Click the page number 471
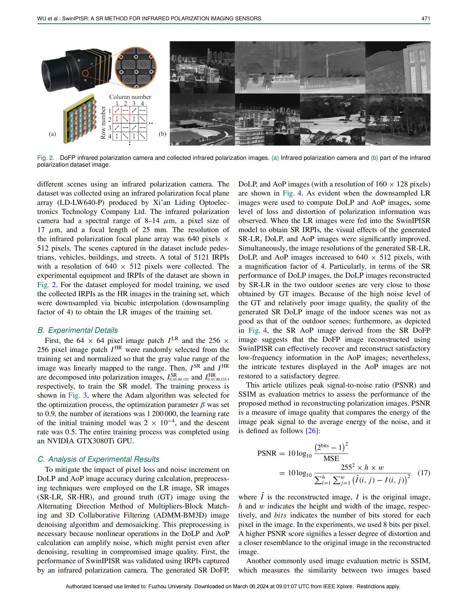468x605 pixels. [426, 18]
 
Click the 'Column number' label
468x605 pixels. [130, 97]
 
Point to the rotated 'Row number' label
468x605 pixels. [103, 123]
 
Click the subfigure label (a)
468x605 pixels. [52, 134]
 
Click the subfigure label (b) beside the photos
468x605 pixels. [162, 134]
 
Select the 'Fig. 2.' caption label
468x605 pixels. [46, 158]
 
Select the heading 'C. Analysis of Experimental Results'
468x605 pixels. [98, 459]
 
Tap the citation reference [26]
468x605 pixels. [312, 431]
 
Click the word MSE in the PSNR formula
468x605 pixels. [331, 458]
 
